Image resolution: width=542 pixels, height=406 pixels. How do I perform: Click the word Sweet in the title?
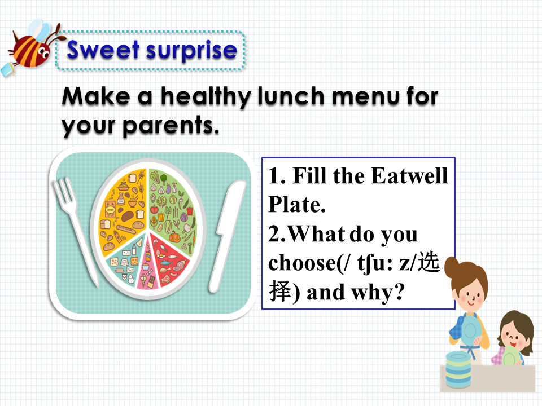click(103, 50)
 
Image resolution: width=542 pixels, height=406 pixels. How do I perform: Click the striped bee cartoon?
click(30, 48)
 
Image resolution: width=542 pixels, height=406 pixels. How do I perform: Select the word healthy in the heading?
click(206, 96)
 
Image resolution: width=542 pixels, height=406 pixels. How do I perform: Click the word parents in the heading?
click(171, 126)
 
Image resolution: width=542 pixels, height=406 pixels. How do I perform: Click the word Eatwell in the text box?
click(409, 176)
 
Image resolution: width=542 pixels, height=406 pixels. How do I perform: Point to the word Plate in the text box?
click(297, 205)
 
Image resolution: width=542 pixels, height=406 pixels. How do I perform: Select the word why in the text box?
click(377, 293)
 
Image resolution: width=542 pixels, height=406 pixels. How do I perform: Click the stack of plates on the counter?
click(458, 369)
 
